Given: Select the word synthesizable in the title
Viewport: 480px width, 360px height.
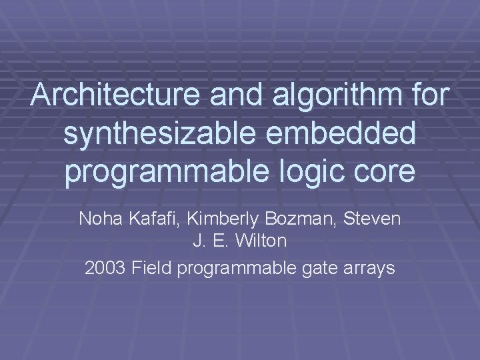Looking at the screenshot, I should [156, 133].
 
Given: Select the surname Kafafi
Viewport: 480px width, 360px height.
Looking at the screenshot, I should [145, 218].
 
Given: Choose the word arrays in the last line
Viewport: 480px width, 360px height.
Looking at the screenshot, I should [366, 269].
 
